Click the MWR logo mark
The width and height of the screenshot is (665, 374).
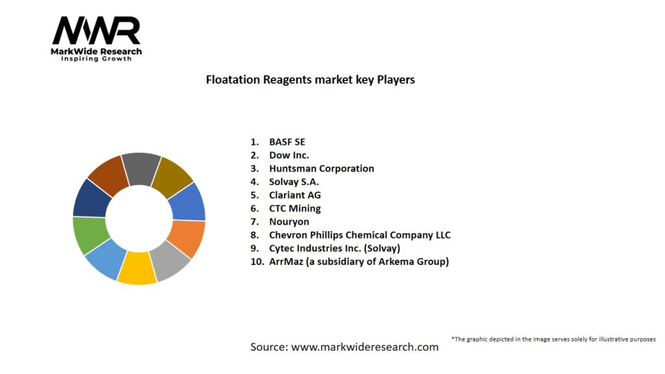[x=96, y=31]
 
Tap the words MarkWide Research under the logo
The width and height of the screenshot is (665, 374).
[x=96, y=51]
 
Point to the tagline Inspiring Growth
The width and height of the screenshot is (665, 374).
[x=96, y=59]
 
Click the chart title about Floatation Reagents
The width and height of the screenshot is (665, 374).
[x=310, y=80]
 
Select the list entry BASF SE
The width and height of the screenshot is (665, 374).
[x=286, y=142]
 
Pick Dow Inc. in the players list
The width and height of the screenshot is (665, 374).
[x=289, y=155]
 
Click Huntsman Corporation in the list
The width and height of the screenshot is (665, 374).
[x=321, y=168]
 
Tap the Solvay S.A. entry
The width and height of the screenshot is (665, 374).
[x=294, y=182]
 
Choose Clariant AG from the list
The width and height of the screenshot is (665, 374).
[x=295, y=195]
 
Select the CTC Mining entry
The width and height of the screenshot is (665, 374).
[x=295, y=208]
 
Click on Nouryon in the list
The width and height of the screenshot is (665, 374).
[x=289, y=221]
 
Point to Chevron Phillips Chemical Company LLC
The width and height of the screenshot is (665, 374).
[x=360, y=235]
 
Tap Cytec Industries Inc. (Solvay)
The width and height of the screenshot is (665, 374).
[x=335, y=248]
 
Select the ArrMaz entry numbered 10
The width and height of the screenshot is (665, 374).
[x=358, y=262]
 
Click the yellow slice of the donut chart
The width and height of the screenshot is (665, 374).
[x=137, y=268]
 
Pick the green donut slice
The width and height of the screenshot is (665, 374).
[x=89, y=234]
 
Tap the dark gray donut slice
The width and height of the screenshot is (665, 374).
[x=141, y=168]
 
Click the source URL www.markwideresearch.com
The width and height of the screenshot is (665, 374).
[x=364, y=347]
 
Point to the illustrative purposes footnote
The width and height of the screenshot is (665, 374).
[x=553, y=339]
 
